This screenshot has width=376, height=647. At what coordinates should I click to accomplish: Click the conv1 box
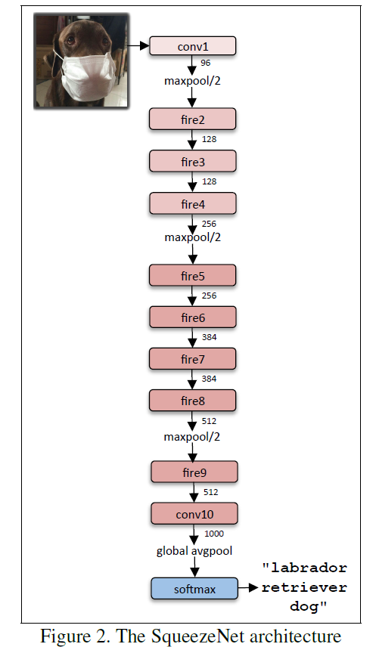193,46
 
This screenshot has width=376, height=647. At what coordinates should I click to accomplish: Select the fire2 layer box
193,119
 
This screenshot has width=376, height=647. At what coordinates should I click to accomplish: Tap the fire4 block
193,203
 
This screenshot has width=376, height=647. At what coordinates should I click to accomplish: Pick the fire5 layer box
193,275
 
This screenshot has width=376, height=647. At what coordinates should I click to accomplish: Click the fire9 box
194,472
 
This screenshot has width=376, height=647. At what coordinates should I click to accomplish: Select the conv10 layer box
194,514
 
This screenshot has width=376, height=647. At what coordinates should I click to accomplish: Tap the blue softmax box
194,587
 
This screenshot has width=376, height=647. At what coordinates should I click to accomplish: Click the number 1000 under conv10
214,534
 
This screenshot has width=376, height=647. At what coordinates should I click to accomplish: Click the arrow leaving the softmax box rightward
249,587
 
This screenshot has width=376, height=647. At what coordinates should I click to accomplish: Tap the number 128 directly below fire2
210,138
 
